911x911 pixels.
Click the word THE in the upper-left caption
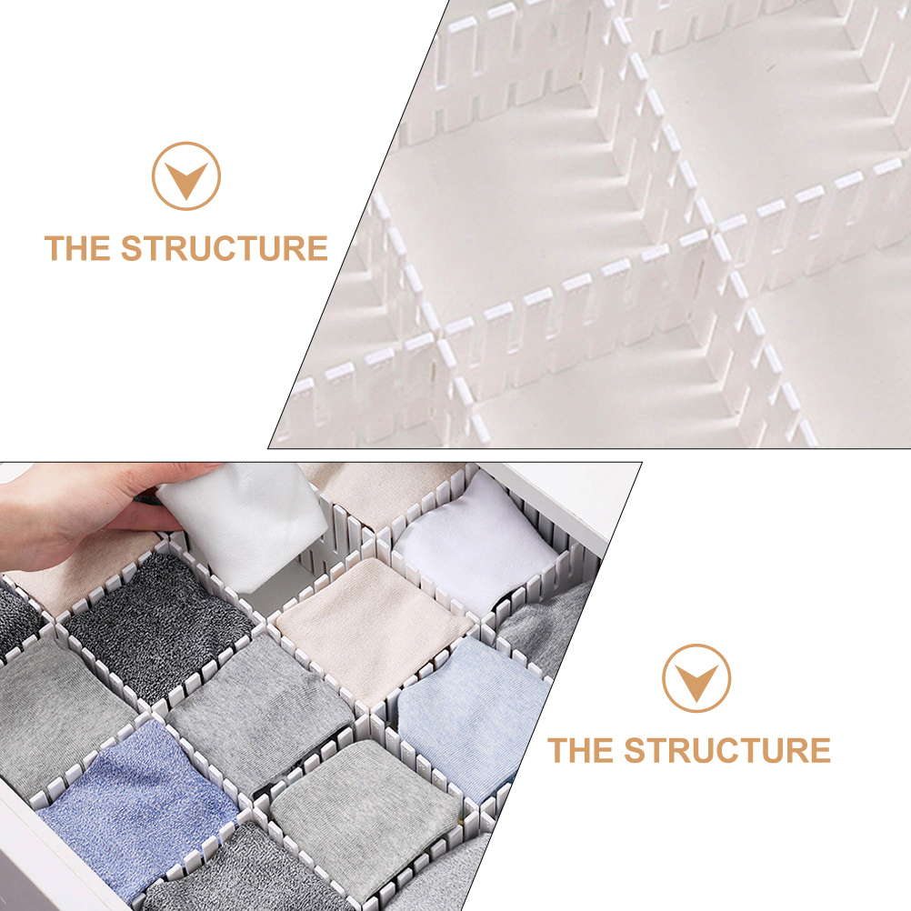click(x=78, y=248)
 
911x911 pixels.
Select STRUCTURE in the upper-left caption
click(x=225, y=248)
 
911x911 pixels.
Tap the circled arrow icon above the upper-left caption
click(x=186, y=176)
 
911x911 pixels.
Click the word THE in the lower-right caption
click(x=581, y=751)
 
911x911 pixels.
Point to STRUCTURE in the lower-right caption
click(x=727, y=751)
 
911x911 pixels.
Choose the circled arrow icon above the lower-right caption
click(x=696, y=678)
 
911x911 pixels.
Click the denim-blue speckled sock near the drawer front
click(x=136, y=800)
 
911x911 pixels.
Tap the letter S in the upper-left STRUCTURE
click(x=132, y=248)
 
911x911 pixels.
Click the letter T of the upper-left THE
click(x=55, y=248)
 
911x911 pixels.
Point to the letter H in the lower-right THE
click(x=580, y=751)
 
